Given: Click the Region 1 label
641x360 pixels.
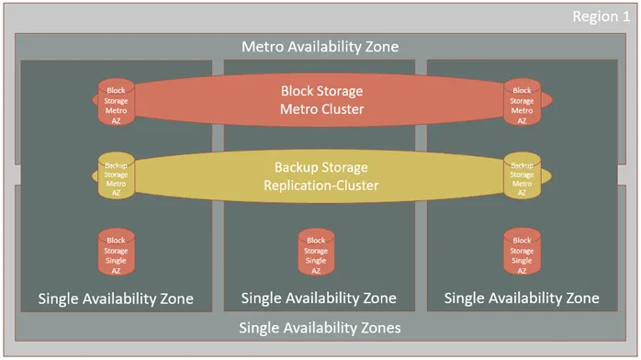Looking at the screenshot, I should click(602, 17).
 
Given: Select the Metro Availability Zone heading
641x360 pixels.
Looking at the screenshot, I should click(320, 46).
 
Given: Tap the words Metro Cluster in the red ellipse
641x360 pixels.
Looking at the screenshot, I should click(320, 109).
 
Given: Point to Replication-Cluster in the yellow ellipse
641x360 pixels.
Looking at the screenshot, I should click(320, 185).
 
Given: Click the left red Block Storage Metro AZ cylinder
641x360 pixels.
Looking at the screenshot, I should click(117, 102).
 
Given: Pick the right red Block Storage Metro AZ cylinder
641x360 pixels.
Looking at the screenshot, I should click(522, 102).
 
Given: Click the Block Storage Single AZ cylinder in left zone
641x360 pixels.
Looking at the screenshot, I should click(117, 251).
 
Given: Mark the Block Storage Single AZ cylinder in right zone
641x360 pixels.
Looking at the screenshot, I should click(522, 251).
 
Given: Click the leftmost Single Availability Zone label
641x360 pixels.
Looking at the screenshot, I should click(116, 298).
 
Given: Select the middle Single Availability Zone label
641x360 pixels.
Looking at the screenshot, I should click(319, 298).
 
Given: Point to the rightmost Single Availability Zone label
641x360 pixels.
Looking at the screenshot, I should click(521, 298).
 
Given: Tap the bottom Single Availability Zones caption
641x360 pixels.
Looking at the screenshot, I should click(320, 328).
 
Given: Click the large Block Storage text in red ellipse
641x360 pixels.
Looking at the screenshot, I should click(320, 91).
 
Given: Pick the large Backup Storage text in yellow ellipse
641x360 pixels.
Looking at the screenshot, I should click(320, 167).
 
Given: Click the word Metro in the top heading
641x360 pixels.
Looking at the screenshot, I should click(262, 46).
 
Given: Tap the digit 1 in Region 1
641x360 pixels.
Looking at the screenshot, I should click(626, 17).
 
